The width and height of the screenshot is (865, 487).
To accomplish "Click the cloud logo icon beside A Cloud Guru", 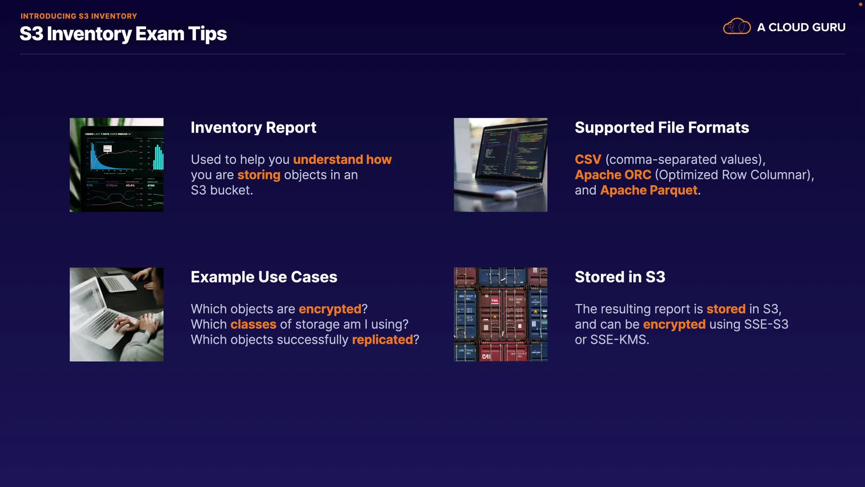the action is [x=737, y=27].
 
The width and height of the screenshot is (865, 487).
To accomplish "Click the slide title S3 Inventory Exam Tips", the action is [x=123, y=34].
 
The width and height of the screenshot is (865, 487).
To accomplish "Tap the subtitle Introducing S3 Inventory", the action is [x=79, y=16].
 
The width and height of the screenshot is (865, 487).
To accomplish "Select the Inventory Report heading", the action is [x=254, y=128].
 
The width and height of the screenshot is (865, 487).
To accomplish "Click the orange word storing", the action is [x=259, y=175].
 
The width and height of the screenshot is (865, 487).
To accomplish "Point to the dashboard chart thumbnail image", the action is [x=117, y=165].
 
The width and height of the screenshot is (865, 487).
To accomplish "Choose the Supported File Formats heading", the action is [x=662, y=128].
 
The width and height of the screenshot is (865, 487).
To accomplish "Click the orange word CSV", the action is [x=588, y=160].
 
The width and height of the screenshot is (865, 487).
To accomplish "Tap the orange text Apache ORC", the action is [x=613, y=175].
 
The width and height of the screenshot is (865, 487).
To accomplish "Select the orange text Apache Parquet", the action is [x=649, y=190].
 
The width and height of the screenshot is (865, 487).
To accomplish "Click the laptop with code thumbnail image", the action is [x=501, y=165].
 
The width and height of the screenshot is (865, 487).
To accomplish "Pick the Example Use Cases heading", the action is [x=264, y=277].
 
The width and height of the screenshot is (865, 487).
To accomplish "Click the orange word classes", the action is [x=253, y=324].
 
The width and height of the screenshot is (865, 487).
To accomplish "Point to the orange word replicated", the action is [x=382, y=340].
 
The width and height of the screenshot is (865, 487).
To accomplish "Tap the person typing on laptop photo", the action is [x=117, y=314].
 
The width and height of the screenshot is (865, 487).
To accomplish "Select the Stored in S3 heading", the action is [x=620, y=277].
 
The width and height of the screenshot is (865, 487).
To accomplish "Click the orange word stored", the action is [x=726, y=309].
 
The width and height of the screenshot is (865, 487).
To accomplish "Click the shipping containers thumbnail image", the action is [x=501, y=314].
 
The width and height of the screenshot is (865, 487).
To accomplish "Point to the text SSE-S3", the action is [x=766, y=324].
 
